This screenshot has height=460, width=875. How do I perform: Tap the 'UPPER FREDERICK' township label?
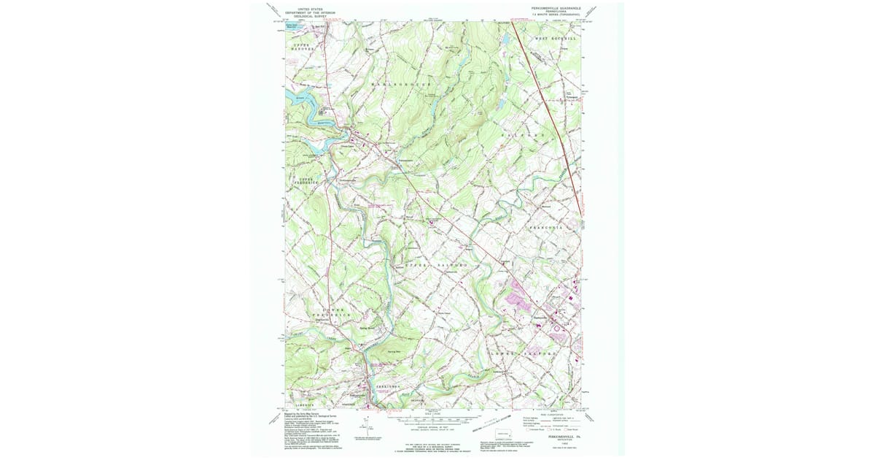[x=303, y=180]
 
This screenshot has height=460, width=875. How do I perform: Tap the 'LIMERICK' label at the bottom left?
[x=302, y=403]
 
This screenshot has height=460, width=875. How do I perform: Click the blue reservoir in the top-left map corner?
[x=292, y=25]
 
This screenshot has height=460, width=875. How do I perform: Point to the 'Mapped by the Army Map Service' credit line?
[x=303, y=413]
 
